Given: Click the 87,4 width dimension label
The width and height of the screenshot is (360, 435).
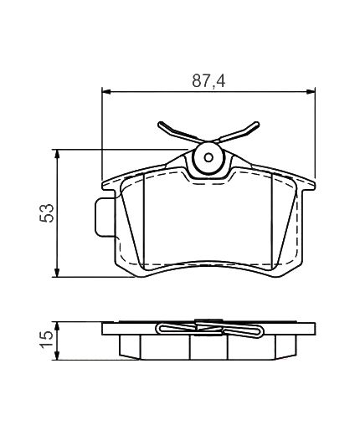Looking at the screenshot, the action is coord(208,81).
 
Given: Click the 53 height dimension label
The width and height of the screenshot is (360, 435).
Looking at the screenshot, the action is coord(47,213).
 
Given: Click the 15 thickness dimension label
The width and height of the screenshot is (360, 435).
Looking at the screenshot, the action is coord(46,339).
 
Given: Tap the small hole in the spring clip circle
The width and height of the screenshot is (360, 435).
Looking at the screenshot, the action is coord(208,158).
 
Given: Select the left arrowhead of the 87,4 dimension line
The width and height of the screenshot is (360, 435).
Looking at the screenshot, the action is coord(107,91).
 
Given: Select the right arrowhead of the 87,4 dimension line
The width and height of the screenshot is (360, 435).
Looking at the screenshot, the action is coord(311,91).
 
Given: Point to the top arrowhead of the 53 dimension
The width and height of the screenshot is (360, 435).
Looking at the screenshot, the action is coord(57,154).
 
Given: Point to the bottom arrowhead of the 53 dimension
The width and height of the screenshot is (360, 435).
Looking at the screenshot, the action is coord(57,273).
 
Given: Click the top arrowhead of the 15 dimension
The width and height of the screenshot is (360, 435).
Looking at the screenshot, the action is coord(57,327).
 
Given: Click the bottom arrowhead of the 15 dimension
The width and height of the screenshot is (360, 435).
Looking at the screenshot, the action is coord(57,356).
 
